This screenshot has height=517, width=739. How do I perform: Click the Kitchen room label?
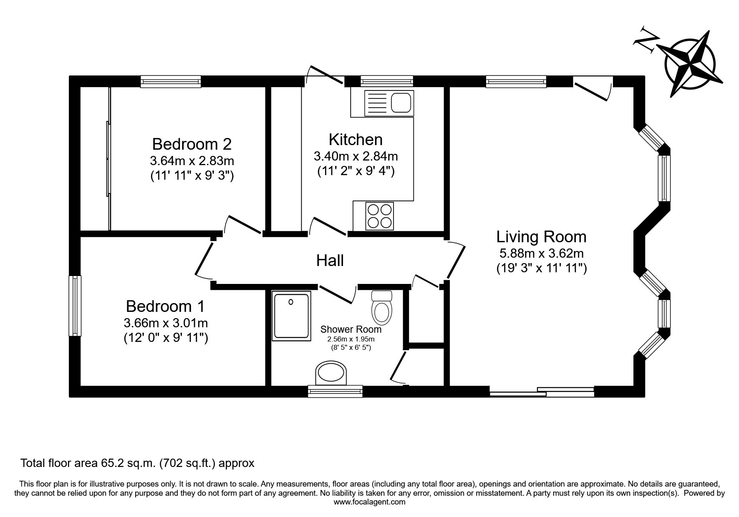point(356,139)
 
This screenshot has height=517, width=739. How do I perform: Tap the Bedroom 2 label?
point(192,144)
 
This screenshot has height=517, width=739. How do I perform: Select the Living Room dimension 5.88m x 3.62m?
point(541,253)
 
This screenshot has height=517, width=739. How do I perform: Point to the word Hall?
point(330,261)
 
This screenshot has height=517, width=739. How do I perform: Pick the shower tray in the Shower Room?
point(292,316)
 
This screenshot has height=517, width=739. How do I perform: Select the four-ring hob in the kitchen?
point(380,216)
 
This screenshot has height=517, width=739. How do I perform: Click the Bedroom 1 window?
point(75,306)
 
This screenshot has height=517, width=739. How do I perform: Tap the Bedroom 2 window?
point(171,81)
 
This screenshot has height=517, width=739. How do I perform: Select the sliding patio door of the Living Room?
point(542,392)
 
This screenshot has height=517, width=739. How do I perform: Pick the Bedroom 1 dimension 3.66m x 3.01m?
point(166,323)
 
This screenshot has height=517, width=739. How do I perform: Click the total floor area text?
point(137,463)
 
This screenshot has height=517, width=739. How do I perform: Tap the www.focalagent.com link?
point(369,502)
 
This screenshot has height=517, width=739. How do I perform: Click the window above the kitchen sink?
point(387,81)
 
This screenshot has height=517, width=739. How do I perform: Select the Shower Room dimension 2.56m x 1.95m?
point(351,339)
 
